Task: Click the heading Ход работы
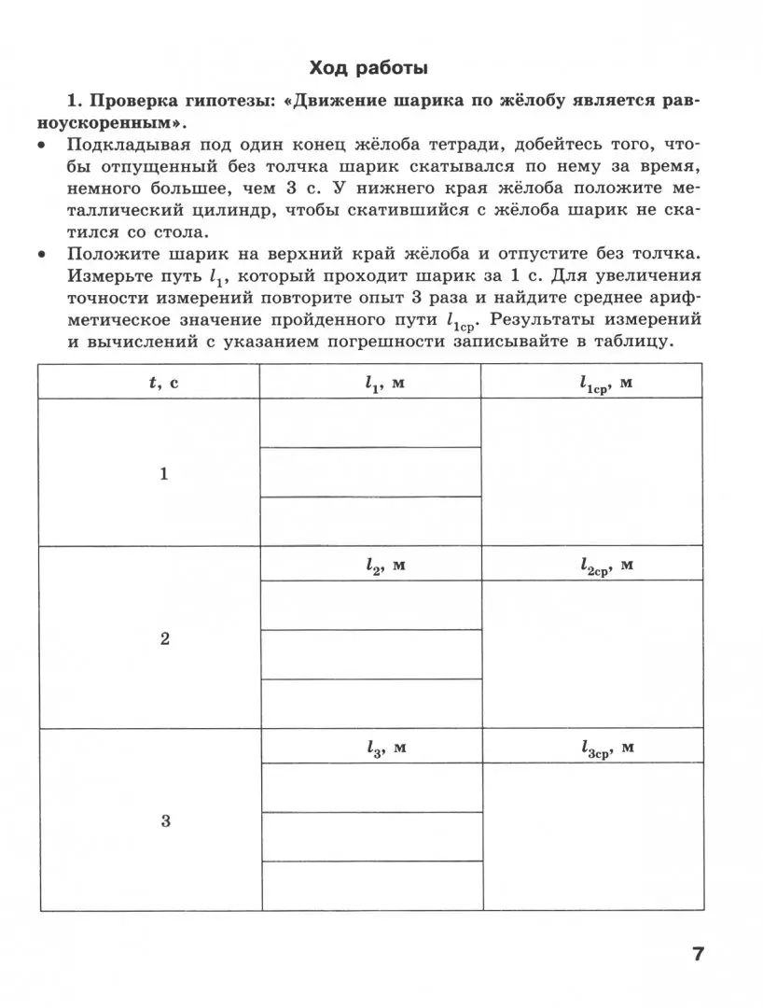(x=369, y=68)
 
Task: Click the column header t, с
(x=163, y=382)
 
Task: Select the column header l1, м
(x=384, y=382)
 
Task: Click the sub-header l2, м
(x=384, y=565)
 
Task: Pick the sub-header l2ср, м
(x=606, y=566)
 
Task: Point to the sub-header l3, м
(x=384, y=747)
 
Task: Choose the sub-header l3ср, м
(x=606, y=748)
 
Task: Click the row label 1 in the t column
(x=164, y=474)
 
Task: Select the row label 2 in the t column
(x=165, y=639)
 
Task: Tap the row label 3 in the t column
(x=165, y=821)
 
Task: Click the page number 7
(x=698, y=954)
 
